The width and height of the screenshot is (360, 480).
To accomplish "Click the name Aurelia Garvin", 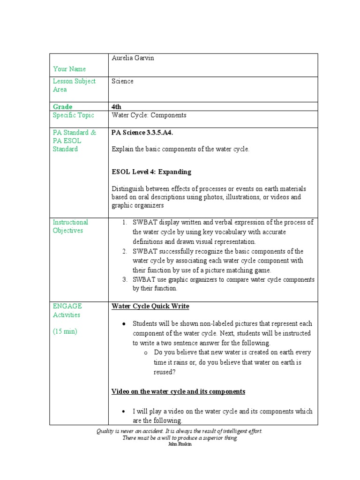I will click(133, 58).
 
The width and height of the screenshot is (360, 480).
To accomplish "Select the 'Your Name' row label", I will click(69, 69).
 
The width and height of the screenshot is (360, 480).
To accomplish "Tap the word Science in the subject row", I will click(122, 81).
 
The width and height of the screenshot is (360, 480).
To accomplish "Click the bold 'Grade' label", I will click(62, 107).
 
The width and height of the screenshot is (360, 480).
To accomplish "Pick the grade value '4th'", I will click(116, 107).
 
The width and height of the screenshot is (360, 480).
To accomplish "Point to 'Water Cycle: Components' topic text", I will click(149, 115).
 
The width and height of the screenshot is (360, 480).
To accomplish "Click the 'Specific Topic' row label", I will click(73, 115).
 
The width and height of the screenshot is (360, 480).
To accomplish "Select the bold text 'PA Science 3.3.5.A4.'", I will click(142, 133).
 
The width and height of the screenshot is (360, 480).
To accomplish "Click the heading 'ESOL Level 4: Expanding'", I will click(151, 172).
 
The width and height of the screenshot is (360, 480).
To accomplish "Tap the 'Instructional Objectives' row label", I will click(70, 226).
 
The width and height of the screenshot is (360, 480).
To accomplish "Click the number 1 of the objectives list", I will click(125, 223).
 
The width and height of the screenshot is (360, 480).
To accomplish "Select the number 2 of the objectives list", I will click(125, 252).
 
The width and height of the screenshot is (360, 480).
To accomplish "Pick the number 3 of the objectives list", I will click(125, 280).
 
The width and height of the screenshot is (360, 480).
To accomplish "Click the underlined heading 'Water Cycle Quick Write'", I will click(150, 307).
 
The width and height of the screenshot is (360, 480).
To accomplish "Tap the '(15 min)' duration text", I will click(65, 331).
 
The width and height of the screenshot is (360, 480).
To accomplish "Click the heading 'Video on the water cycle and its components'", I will click(178, 391).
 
